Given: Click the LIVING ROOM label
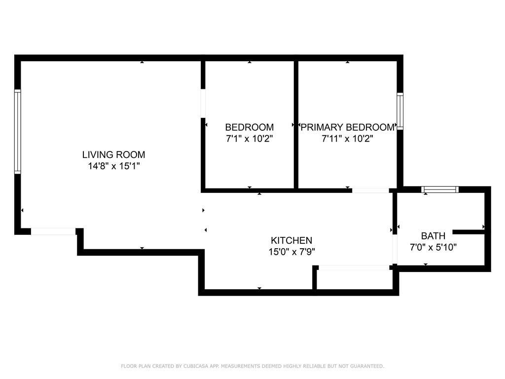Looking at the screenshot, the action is tap(114, 154).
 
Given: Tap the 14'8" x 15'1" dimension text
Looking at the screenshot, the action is tap(114, 166).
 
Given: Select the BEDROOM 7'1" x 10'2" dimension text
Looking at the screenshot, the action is tap(249, 139).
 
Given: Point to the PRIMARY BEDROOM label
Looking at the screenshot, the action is tap(348, 127).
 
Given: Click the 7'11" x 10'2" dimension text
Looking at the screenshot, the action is tap(348, 139).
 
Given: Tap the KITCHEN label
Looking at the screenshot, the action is tap(291, 240).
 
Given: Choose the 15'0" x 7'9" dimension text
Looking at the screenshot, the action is tap(291, 252).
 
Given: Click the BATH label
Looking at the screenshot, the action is tap(433, 236).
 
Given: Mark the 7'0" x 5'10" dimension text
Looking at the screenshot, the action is tap(433, 248).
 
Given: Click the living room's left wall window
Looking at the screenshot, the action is tap(18, 131).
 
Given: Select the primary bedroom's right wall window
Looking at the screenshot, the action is tap(399, 111).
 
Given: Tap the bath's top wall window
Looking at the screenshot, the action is tap(440, 189).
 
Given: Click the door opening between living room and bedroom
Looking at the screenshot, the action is tap(203, 104).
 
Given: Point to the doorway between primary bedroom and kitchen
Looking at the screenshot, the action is tap(370, 190).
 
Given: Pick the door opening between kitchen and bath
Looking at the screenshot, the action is tap(395, 249).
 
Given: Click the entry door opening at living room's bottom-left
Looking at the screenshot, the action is tap(53, 231).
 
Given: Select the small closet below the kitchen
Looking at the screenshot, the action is tap(353, 279).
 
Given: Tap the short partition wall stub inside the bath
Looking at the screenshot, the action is tap(469, 232).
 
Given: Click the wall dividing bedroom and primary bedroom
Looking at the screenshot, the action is tap(296, 124).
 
